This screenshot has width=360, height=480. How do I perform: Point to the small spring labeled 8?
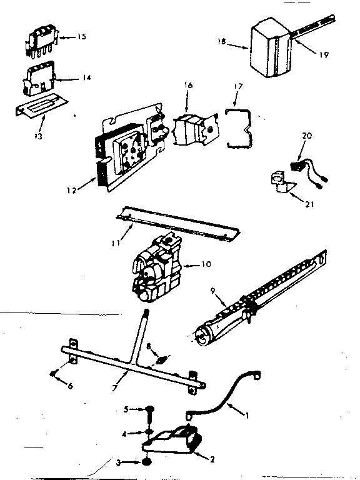click(161, 360)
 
